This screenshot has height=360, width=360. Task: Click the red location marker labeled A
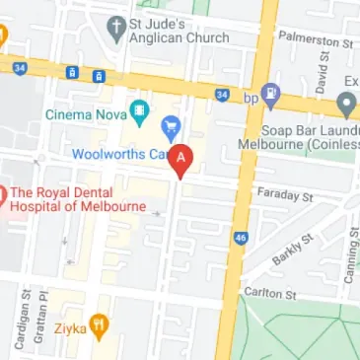pyautogui.click(x=180, y=160)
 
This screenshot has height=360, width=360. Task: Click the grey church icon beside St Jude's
pyautogui.click(x=117, y=29)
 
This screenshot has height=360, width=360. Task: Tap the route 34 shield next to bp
pyautogui.click(x=223, y=96)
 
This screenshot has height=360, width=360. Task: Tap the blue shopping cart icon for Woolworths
pyautogui.click(x=170, y=126)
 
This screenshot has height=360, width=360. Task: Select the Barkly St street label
pyautogui.click(x=293, y=251)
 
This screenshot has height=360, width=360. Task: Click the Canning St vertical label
pyautogui.click(x=349, y=256)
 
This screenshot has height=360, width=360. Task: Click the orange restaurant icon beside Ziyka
pyautogui.click(x=99, y=324)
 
